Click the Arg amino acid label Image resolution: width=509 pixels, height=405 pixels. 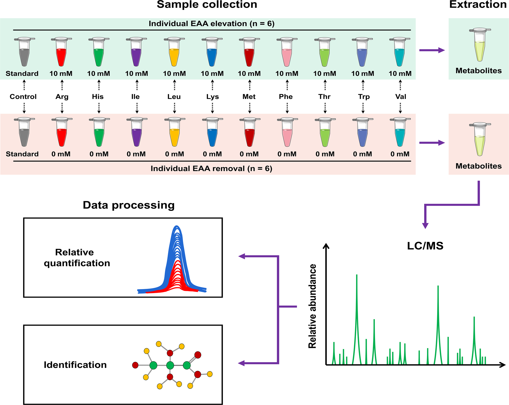tap(62, 97)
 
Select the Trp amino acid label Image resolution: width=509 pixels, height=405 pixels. tap(364, 97)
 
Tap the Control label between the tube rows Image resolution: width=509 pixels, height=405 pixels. tap(23, 97)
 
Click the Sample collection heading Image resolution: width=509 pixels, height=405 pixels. tap(207, 5)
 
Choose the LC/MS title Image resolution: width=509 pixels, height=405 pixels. tap(425, 246)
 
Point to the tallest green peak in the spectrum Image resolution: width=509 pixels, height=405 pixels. tap(357, 292)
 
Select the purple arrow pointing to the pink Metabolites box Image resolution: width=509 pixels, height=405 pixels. tap(432, 143)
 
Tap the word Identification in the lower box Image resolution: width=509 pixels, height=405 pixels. tap(75, 365)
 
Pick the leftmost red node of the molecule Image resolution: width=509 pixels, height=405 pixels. tap(135, 365)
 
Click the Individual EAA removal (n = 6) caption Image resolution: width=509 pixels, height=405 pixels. tap(211, 168)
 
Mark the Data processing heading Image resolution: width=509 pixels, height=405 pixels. tap(129, 205)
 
